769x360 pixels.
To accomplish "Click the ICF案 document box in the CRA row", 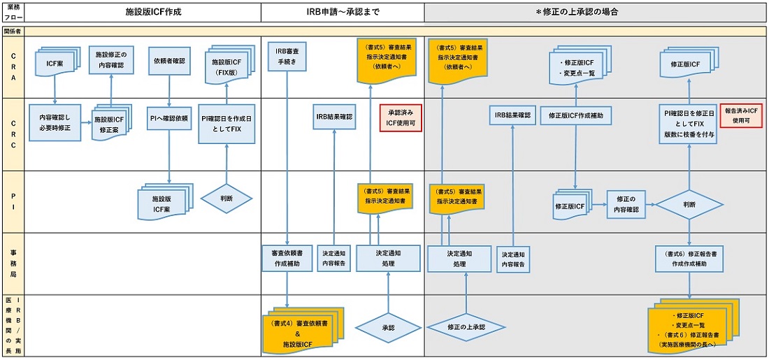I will coord(55,64).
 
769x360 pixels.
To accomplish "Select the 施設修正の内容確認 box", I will coord(111,62).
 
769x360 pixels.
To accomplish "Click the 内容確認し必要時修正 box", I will coord(55,122).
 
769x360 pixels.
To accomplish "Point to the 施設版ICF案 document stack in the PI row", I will coord(162,202).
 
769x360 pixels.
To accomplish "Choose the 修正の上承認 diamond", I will coord(466,326).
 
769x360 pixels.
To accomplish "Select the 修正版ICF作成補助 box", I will coord(576,115).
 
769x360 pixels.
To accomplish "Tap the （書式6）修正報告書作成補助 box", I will coord(690,259).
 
